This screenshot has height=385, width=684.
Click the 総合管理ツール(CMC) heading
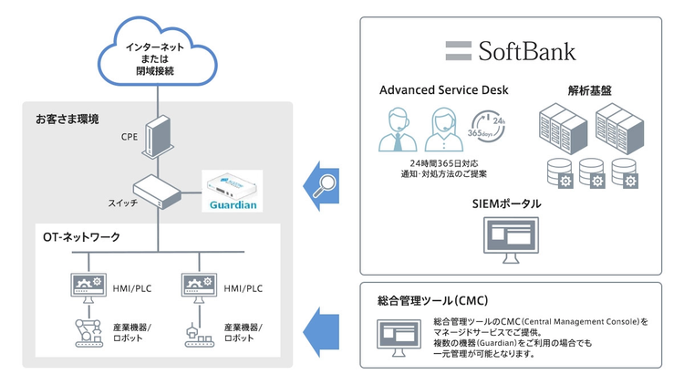coord(428,299)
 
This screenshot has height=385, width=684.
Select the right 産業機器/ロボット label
coord(243,331)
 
